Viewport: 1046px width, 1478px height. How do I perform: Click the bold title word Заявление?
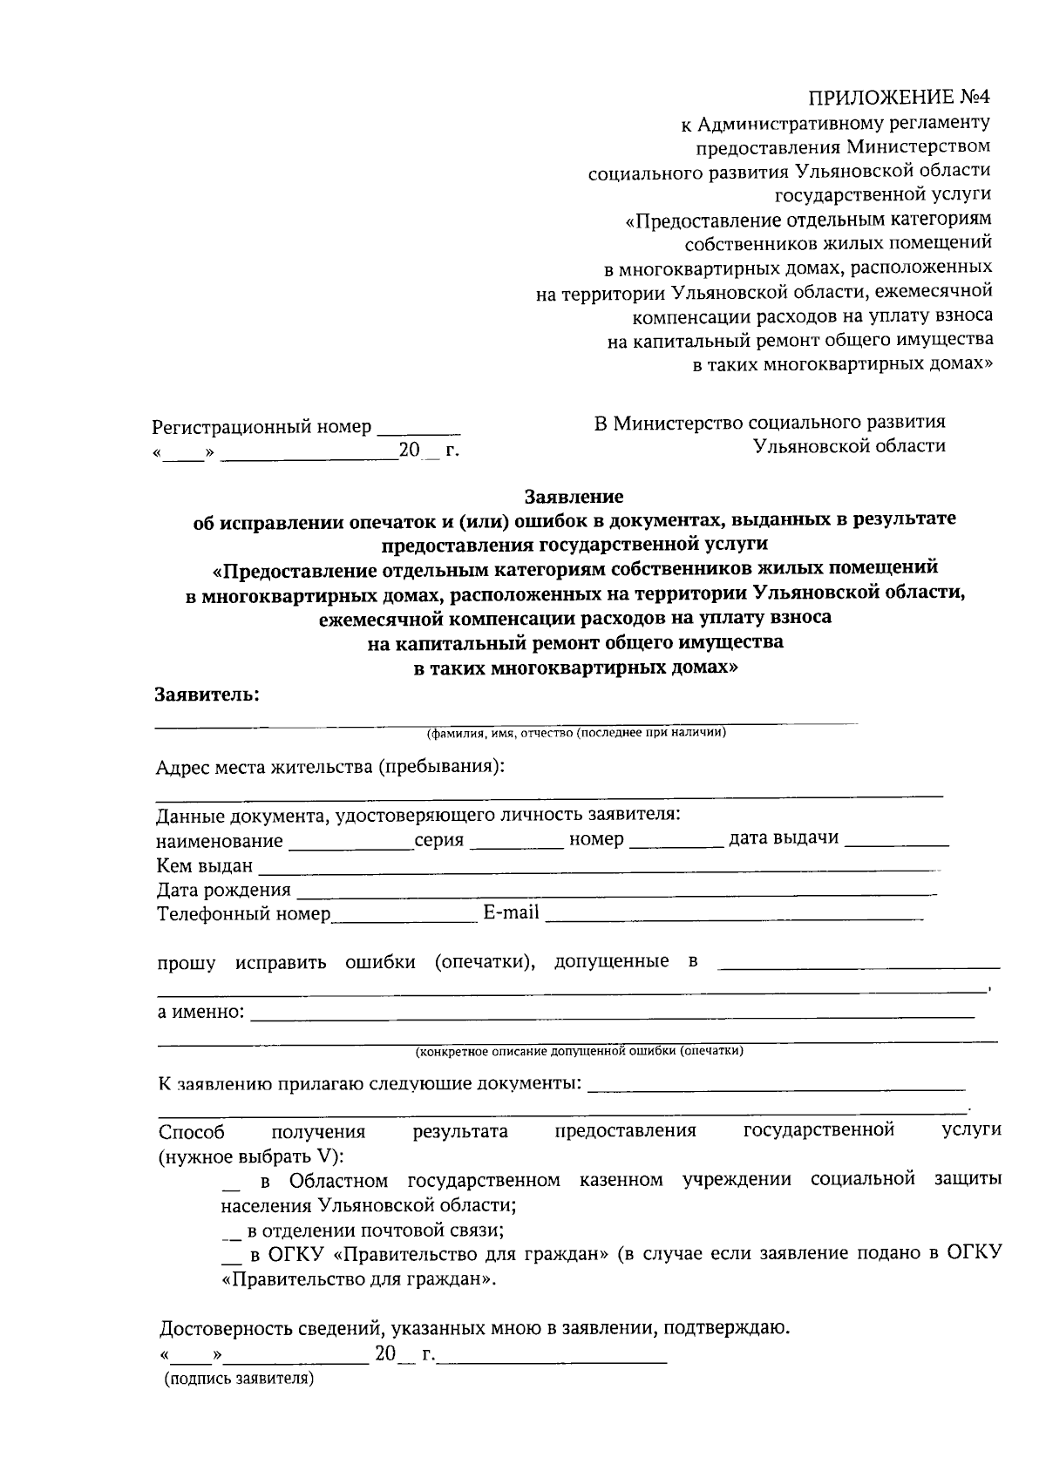click(574, 497)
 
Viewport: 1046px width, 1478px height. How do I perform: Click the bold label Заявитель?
click(207, 695)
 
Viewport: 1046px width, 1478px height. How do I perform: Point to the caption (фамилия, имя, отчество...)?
click(576, 733)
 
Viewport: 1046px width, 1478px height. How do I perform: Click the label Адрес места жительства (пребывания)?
click(330, 767)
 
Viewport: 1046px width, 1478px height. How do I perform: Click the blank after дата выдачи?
click(897, 842)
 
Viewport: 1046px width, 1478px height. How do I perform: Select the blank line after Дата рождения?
click(615, 892)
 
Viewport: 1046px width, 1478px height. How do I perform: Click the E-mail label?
click(511, 912)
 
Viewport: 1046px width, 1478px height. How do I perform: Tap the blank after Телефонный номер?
click(402, 917)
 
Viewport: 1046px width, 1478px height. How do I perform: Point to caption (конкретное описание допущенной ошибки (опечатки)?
click(579, 1051)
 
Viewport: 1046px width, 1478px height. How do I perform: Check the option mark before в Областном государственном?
click(231, 1184)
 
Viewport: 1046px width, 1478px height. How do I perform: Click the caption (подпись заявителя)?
click(239, 1379)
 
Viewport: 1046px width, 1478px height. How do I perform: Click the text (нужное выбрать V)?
click(251, 1156)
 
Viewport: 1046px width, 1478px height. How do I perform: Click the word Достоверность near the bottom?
click(224, 1329)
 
